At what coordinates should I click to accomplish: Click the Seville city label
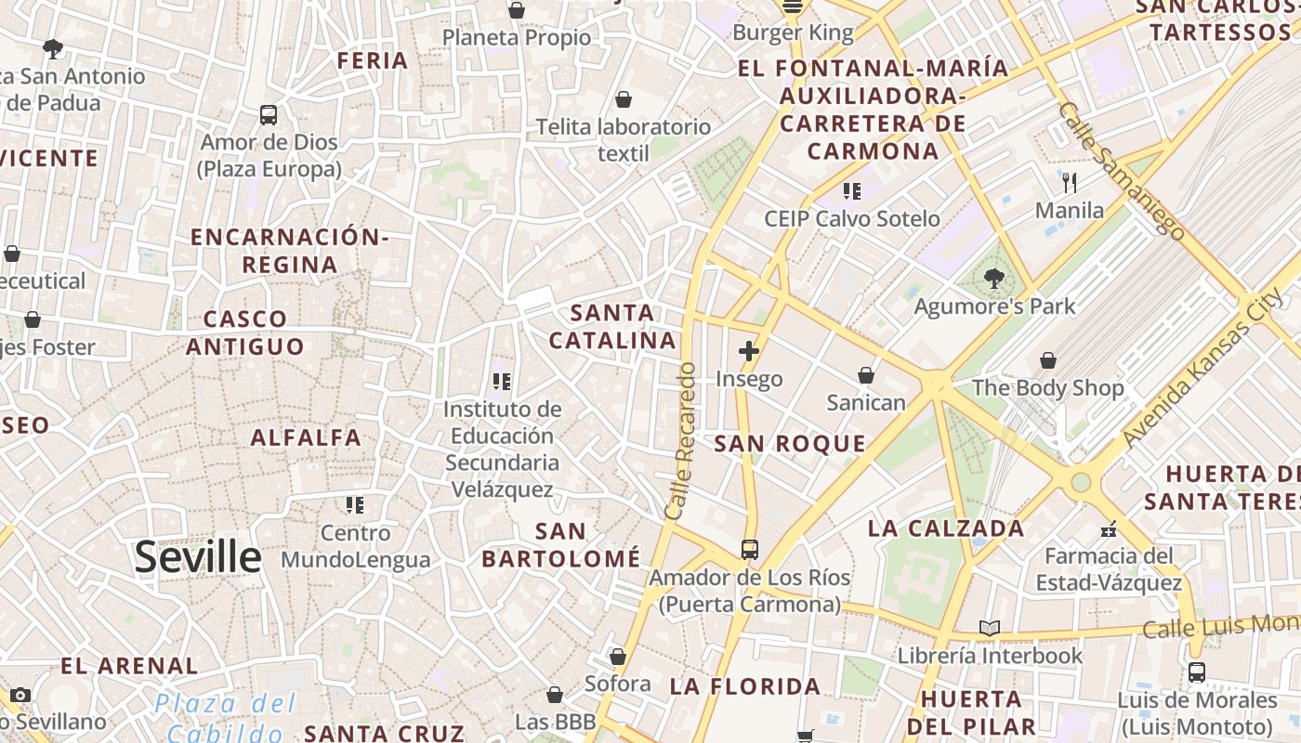[x=198, y=556]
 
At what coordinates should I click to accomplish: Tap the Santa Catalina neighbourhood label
[x=612, y=326]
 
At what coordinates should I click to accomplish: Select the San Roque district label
[x=790, y=444]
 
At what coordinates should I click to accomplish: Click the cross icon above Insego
[x=748, y=351]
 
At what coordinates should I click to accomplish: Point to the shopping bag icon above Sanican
[x=866, y=375]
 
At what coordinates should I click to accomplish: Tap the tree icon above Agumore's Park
[x=994, y=278]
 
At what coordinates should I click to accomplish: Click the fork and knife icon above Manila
[x=1070, y=182]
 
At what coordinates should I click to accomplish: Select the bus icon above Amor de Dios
[x=269, y=115]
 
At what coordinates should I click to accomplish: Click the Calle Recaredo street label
[x=680, y=440]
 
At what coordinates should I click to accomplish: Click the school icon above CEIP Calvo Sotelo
[x=851, y=191]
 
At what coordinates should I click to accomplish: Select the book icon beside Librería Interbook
[x=990, y=629]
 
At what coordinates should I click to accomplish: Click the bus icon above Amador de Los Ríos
[x=750, y=550]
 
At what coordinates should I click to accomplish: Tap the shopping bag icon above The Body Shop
[x=1048, y=360]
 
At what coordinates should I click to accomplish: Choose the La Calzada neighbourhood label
[x=946, y=529]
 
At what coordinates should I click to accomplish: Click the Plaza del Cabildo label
[x=225, y=718]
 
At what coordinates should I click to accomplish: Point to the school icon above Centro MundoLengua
[x=355, y=505]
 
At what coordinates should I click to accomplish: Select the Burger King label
[x=793, y=33]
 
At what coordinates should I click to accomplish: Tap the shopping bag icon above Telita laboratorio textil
[x=624, y=99]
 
